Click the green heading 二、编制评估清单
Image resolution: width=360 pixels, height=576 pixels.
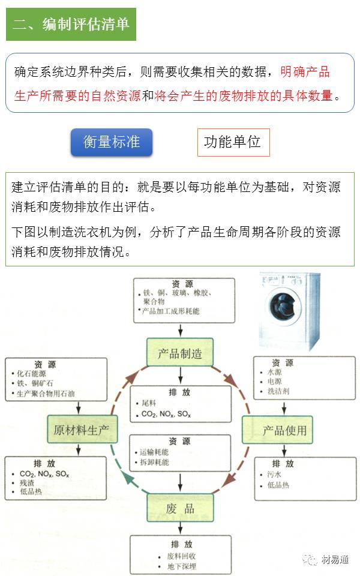click(71, 25)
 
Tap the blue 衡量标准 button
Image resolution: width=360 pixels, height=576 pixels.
click(112, 142)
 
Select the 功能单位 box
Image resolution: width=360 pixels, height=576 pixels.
click(233, 142)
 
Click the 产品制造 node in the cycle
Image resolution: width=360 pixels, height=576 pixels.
click(180, 353)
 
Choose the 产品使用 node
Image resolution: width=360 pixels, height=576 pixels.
click(284, 430)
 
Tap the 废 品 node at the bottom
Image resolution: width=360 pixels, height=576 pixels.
click(180, 508)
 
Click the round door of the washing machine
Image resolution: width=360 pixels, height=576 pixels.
click(281, 302)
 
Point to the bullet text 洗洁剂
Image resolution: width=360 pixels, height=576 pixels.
click(278, 392)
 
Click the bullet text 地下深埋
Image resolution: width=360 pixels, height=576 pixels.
click(182, 566)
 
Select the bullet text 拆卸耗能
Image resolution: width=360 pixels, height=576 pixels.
click(154, 462)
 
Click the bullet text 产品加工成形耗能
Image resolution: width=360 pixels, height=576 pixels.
click(170, 311)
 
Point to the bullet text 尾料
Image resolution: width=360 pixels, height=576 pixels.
click(148, 404)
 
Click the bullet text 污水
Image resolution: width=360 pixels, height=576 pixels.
click(274, 474)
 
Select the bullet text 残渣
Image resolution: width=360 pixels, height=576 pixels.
click(27, 482)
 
